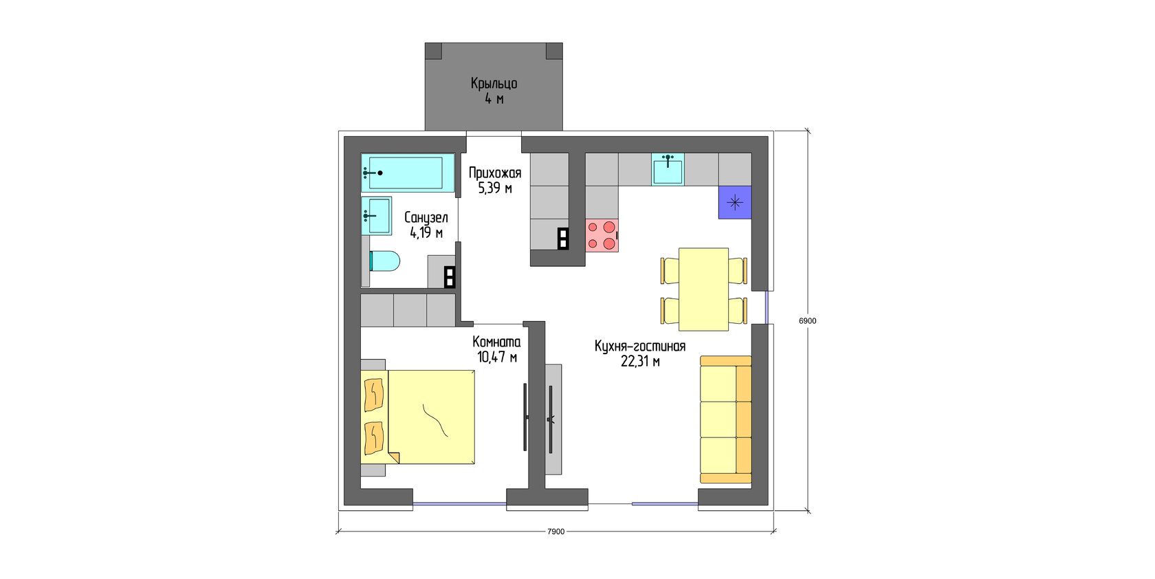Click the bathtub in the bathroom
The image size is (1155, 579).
407,173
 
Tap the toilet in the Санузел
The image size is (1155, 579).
385,261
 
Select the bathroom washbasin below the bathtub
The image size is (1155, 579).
376,215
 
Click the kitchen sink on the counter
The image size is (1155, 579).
668,168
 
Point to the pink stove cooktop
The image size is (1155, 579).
602,235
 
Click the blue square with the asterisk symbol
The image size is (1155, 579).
735,202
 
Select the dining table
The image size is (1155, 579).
703,289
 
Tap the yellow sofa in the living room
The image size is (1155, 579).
725,419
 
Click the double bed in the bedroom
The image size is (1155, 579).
418,417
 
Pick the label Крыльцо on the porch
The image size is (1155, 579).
494,83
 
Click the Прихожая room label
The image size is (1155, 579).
495,173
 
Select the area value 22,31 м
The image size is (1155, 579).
640,362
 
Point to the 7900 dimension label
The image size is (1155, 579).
555,532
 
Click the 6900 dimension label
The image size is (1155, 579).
807,320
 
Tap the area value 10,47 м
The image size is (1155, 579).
497,357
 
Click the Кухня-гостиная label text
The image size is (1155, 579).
640,346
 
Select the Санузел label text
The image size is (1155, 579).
426,217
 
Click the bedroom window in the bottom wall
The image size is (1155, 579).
459,504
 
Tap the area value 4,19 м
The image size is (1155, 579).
426,233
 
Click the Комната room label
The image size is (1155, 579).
496,342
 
